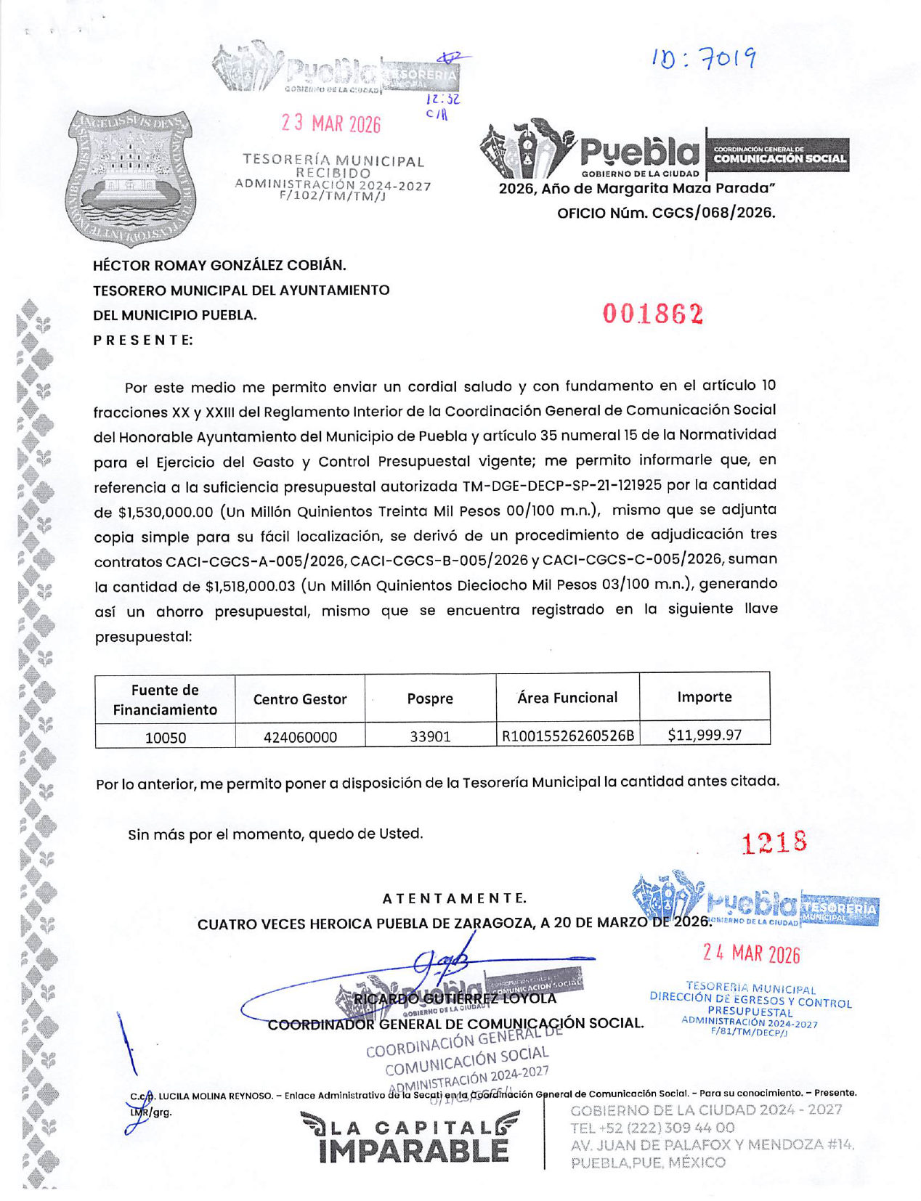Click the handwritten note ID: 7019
click(703, 59)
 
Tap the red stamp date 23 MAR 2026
click(331, 123)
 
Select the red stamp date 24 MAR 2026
click(751, 953)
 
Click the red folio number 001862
click(653, 314)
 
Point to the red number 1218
click(774, 843)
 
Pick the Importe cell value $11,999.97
click(704, 735)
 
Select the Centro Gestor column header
click(299, 699)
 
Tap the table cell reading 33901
click(430, 736)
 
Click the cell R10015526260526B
click(567, 736)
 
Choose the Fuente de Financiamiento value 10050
click(166, 738)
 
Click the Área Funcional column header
click(567, 698)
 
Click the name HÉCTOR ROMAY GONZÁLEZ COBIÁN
click(219, 265)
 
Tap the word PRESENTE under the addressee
click(143, 340)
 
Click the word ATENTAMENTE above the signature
click(454, 898)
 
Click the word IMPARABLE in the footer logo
click(414, 1151)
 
